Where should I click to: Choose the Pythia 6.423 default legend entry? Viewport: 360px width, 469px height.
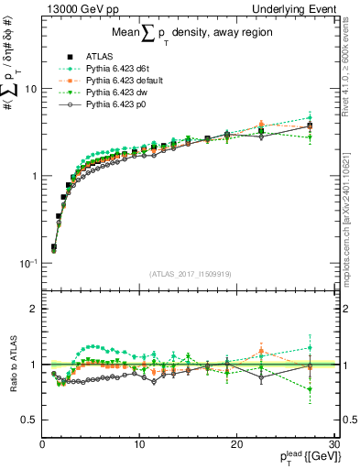(x=118, y=82)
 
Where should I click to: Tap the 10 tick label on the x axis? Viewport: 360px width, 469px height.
(x=138, y=444)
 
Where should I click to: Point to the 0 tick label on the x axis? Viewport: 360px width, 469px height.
(x=42, y=444)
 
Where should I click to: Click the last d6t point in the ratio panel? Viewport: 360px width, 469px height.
(x=311, y=347)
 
